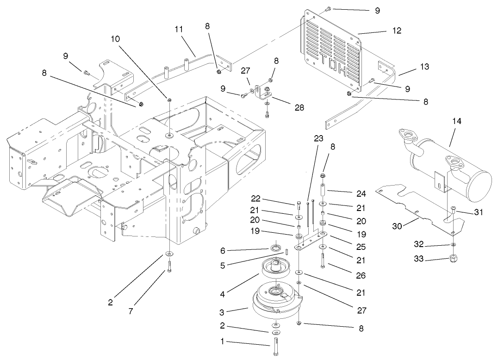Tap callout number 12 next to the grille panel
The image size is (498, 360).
(x=396, y=31)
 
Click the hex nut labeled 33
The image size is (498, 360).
(x=454, y=258)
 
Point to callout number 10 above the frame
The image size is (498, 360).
(x=115, y=39)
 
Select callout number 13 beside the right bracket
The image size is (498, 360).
(x=425, y=67)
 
